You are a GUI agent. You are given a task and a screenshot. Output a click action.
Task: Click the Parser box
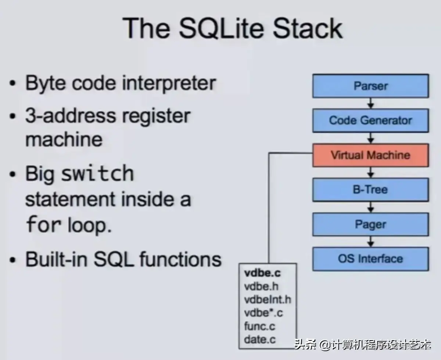[x=370, y=86]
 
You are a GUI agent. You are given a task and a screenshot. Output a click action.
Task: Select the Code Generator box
[x=370, y=120]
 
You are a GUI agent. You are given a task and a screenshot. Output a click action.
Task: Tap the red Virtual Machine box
[x=370, y=155]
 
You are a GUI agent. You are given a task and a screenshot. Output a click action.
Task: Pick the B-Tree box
[x=370, y=190]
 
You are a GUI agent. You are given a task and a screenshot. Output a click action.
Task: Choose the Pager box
[x=370, y=224]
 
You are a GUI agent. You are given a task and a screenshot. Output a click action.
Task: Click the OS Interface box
[x=370, y=259]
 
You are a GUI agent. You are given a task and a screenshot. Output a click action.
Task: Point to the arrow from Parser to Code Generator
[x=371, y=103]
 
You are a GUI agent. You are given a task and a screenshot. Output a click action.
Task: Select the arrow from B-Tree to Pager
[x=371, y=207]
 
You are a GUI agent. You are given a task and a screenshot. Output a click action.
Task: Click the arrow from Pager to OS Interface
[x=371, y=241]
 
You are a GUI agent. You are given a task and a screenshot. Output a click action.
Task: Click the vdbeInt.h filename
[x=267, y=299]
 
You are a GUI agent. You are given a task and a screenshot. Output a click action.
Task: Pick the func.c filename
[x=259, y=326]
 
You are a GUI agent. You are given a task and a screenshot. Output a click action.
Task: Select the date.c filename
[x=259, y=339]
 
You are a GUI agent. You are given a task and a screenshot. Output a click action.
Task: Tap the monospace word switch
[x=97, y=173]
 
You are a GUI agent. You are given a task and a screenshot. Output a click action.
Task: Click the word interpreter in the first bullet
[x=169, y=83]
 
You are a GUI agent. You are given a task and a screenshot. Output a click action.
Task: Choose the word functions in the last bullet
[x=180, y=259]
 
